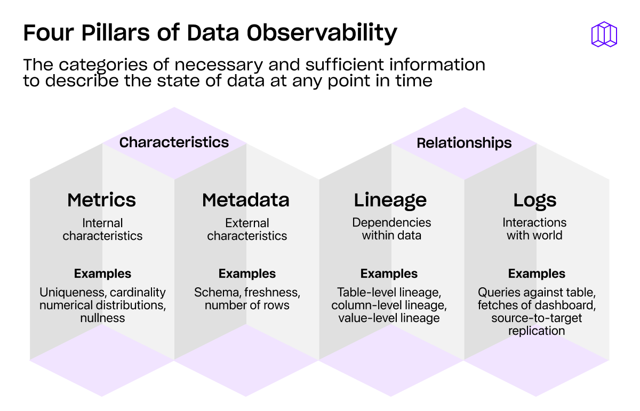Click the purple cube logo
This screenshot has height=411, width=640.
[604, 34]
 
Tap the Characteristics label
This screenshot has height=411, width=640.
[174, 142]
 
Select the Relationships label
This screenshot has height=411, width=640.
[464, 143]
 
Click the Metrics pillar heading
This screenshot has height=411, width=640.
[101, 200]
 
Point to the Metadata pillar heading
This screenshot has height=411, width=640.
[246, 200]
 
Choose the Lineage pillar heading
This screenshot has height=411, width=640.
[390, 200]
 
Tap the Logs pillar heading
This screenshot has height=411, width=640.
[535, 200]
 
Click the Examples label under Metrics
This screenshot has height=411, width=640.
[102, 274]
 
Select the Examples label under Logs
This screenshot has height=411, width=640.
[537, 274]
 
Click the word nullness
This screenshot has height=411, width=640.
[102, 318]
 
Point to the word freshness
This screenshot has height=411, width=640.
[272, 293]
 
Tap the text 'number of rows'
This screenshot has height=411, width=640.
[247, 305]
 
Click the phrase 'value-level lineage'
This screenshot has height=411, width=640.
[389, 318]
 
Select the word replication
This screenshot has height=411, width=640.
[537, 331]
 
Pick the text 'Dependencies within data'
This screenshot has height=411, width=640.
[391, 229]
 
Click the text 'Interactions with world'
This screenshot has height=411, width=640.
[534, 229]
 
